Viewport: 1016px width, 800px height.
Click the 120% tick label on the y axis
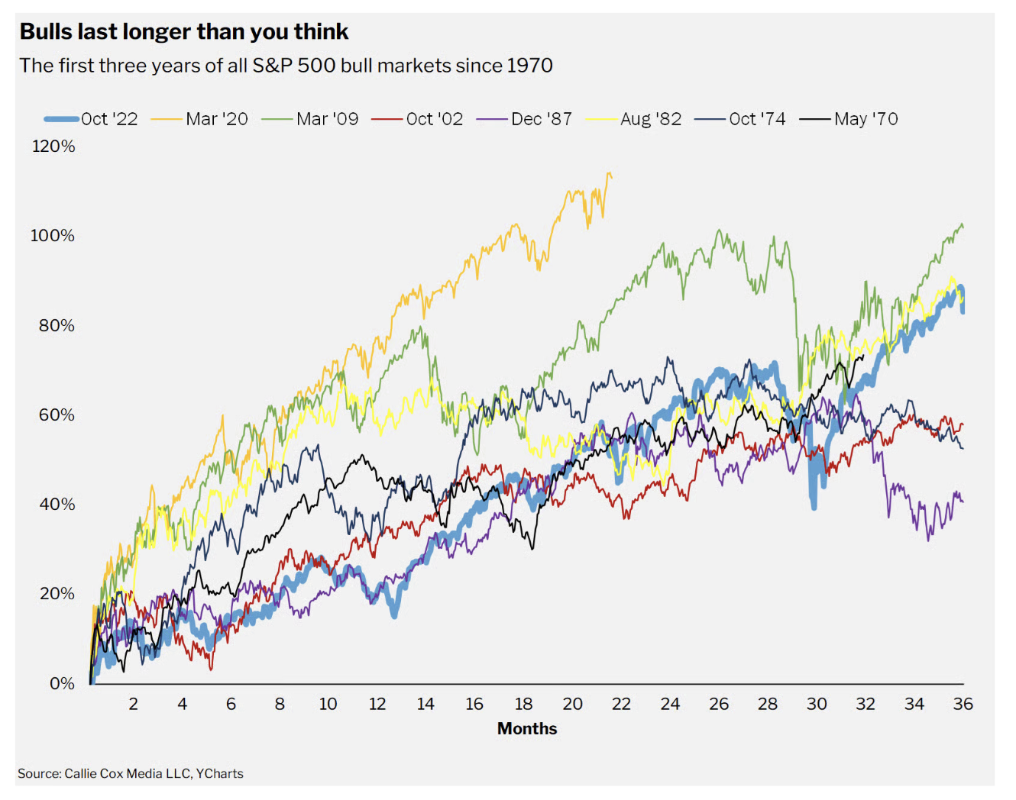pos(53,146)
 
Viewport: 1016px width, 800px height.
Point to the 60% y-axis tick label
pos(57,415)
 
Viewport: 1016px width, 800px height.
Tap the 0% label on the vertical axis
pos(62,683)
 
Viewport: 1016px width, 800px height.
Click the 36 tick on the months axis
pos(963,704)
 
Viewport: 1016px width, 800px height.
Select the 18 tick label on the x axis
pos(523,704)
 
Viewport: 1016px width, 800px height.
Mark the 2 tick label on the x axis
pos(133,704)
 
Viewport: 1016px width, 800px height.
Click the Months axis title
pos(527,728)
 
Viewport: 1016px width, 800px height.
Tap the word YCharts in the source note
pos(219,773)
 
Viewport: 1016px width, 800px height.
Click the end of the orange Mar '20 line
pos(611,177)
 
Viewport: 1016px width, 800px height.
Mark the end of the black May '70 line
pos(863,356)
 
